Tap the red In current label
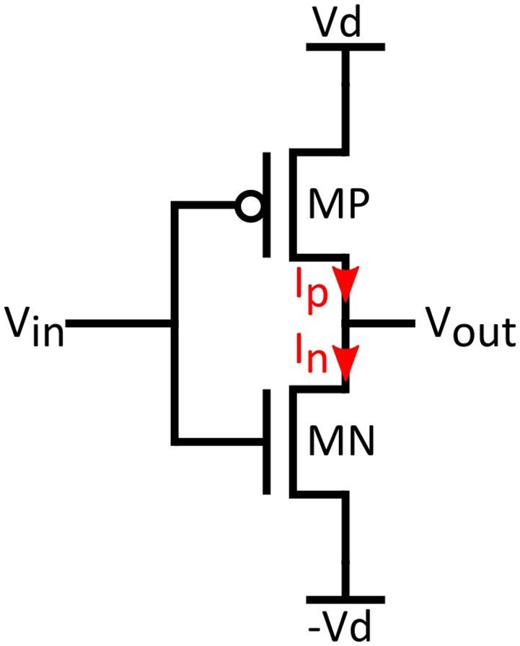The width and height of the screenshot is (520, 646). pyautogui.click(x=309, y=357)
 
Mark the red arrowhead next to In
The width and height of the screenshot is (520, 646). pyautogui.click(x=347, y=362)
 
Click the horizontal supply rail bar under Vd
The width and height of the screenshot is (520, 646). pyautogui.click(x=345, y=47)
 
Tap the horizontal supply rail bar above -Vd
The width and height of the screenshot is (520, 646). pyautogui.click(x=345, y=599)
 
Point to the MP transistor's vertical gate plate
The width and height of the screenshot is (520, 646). pyautogui.click(x=267, y=204)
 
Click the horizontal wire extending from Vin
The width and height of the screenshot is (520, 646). pyautogui.click(x=119, y=324)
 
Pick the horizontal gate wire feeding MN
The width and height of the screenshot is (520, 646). pyautogui.click(x=216, y=440)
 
